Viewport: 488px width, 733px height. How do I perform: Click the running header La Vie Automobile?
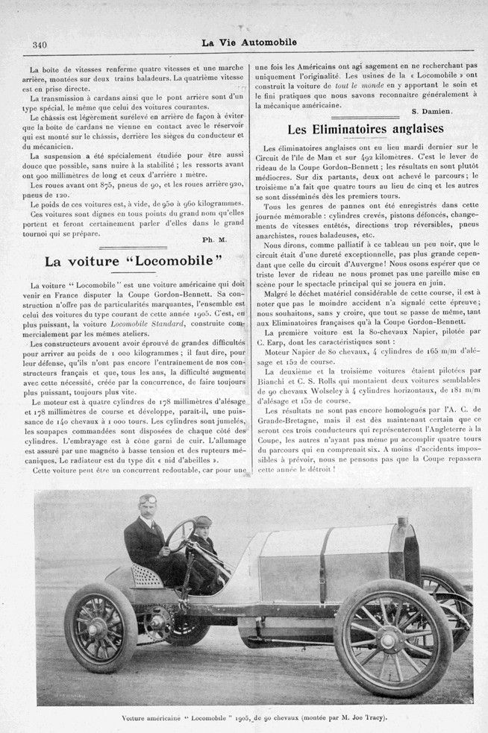coord(248,43)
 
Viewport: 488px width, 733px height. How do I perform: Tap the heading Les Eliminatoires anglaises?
coord(360,128)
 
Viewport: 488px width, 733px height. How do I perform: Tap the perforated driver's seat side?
coord(148,574)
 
